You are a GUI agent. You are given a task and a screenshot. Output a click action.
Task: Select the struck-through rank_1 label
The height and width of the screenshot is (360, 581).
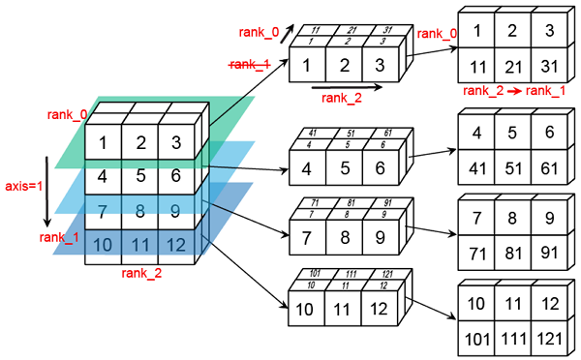click(x=251, y=65)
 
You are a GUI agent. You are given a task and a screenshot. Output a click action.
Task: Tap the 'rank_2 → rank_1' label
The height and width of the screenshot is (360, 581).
click(x=502, y=91)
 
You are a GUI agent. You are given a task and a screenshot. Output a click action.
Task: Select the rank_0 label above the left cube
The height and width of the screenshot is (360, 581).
click(x=66, y=115)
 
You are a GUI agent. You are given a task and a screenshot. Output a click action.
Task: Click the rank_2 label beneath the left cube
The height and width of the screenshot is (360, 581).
click(x=141, y=274)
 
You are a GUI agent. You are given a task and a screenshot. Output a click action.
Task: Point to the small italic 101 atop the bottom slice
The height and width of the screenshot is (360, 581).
click(x=314, y=274)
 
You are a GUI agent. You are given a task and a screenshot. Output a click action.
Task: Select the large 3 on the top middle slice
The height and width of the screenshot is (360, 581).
click(x=380, y=67)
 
